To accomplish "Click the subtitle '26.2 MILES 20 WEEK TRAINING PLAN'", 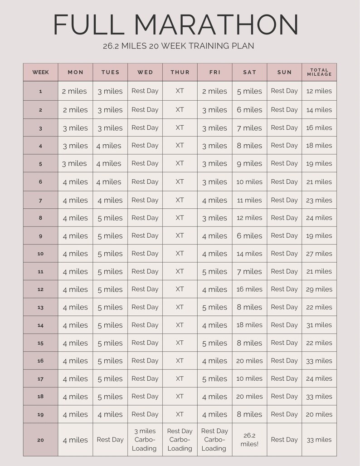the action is point(178,46).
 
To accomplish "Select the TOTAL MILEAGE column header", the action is point(319,72).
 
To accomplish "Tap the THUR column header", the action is point(180,72).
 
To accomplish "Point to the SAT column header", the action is point(249,72).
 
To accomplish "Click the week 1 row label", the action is point(40,91).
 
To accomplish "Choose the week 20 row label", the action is point(40,440).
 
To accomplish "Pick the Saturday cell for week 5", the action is point(249,164).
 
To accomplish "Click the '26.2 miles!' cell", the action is point(249,440).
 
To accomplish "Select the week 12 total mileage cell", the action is point(319,289).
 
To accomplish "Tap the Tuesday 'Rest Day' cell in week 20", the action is point(110,440).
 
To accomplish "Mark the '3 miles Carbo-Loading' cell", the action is point(145,440).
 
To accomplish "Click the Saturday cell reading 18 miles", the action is point(249,325).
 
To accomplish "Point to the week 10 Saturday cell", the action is point(249,254).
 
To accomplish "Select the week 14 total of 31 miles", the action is point(319,325).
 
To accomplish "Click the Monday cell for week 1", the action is point(75,91).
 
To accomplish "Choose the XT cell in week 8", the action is point(180,218).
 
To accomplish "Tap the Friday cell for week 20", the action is point(214,440).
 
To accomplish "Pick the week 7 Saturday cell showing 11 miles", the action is point(249,200).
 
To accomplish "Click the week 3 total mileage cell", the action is point(319,128).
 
